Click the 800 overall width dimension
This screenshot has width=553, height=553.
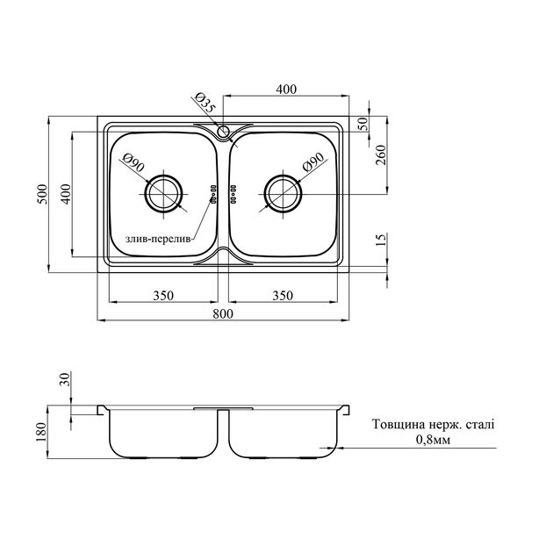223,313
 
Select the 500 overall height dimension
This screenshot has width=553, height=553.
42,194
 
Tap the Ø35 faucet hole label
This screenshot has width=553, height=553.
204,103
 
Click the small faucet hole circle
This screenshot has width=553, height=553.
223,132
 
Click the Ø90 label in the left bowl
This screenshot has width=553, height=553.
133,162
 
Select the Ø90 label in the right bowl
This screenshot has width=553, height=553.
313,162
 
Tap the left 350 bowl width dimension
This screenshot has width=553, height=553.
163,295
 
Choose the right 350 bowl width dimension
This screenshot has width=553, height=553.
283,295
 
